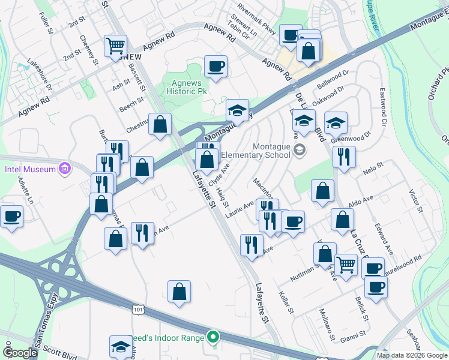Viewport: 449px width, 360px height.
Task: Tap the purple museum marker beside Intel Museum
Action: [x=65, y=169]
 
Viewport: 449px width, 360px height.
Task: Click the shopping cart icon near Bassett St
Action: [x=115, y=45]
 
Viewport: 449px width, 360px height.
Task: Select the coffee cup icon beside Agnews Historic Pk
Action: [x=215, y=65]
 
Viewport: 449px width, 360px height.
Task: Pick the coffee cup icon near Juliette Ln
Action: [x=11, y=215]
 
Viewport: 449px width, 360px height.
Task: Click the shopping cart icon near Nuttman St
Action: [x=345, y=264]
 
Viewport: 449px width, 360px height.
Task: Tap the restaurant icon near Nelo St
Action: [x=343, y=157]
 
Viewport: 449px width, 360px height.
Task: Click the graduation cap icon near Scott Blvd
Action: [x=121, y=346]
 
